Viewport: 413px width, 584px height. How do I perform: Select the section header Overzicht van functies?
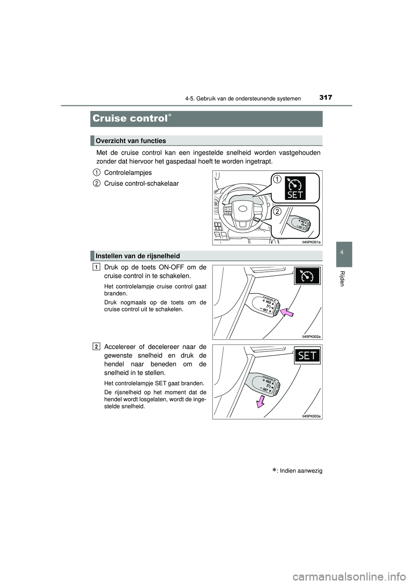tap(131, 141)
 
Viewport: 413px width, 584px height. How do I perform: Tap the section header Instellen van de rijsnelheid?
tap(138, 255)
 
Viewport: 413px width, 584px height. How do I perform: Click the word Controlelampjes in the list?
tap(128, 172)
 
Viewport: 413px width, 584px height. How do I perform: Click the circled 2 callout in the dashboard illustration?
tap(277, 211)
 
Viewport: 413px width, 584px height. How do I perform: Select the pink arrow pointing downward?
tap(260, 401)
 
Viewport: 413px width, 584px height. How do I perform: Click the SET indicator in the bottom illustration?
tap(307, 356)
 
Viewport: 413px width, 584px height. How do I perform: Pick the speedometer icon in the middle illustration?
tap(307, 276)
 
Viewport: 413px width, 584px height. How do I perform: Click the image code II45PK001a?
tap(311, 242)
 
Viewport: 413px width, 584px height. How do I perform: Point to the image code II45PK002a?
tap(311, 337)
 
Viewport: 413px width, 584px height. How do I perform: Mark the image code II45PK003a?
tap(311, 416)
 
